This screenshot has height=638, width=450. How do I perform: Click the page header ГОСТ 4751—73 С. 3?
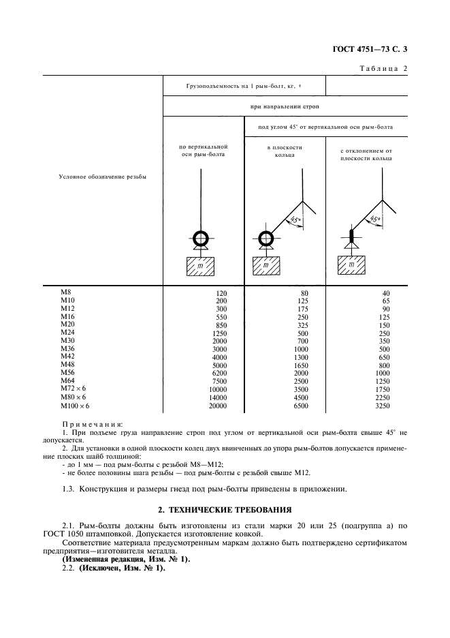pos(383,49)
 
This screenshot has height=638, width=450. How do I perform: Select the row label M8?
pos(66,292)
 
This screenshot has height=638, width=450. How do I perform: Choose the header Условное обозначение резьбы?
pos(103,177)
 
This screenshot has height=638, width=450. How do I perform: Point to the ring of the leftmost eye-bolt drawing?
pos(202,239)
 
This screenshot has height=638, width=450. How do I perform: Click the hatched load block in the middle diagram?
pos(266,264)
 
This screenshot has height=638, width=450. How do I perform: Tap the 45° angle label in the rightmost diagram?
pos(375,219)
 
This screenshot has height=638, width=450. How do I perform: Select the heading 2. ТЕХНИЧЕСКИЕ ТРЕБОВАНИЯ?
pos(225,508)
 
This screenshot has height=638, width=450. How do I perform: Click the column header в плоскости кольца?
pos(284,151)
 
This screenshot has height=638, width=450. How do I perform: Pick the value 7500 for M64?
pos(218,382)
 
